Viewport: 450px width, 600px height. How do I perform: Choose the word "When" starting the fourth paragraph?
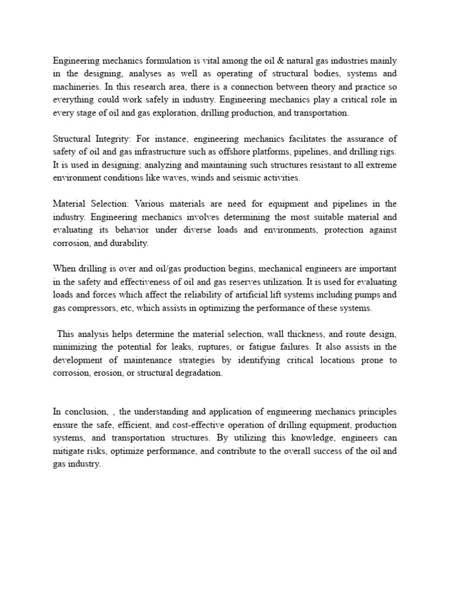tap(64, 268)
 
